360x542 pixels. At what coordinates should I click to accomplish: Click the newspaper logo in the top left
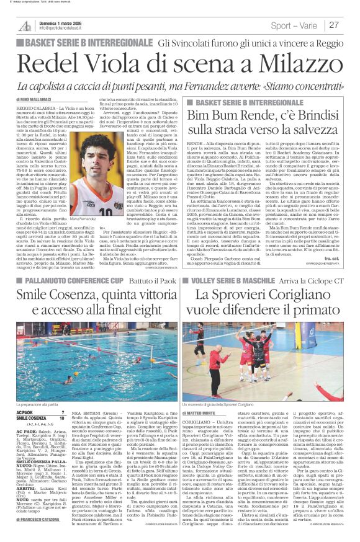[25, 25]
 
